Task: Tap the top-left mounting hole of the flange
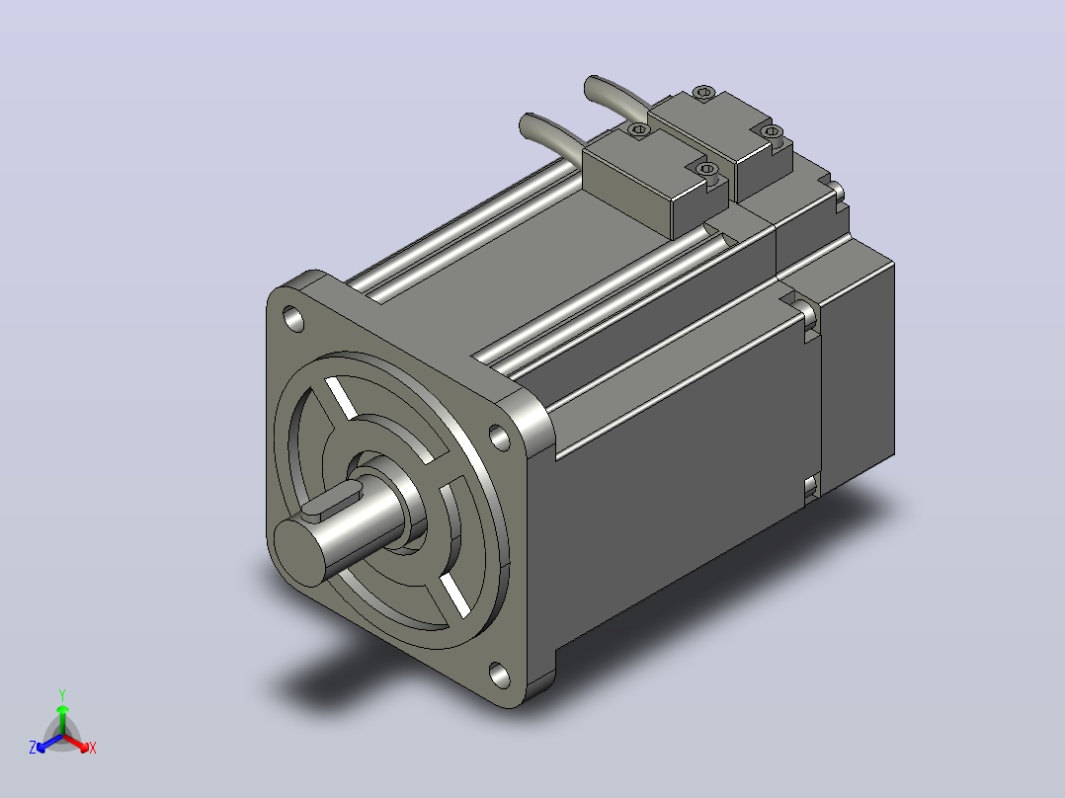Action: (293, 319)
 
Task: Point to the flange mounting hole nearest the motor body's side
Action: (500, 439)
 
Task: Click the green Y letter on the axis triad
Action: (62, 695)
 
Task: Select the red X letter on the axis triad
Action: (93, 748)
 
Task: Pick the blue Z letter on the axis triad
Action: (33, 748)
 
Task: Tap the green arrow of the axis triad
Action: (62, 720)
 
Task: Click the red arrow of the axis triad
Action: (76, 743)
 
